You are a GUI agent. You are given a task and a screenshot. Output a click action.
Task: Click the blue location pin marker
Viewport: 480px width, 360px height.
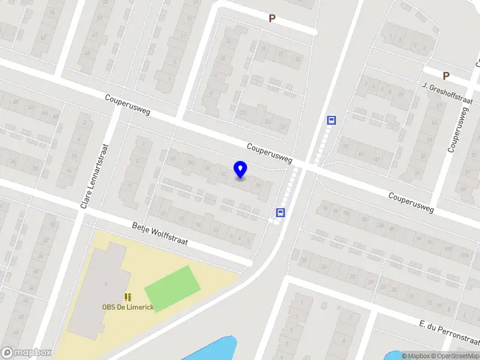tap(240, 170)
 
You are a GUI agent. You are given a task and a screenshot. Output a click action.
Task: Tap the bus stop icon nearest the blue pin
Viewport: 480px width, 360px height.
tap(280, 212)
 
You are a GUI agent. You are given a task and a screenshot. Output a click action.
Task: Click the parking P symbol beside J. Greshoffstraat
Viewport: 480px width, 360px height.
tap(446, 76)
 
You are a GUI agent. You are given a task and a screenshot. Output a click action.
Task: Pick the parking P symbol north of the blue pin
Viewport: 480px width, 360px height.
tap(272, 19)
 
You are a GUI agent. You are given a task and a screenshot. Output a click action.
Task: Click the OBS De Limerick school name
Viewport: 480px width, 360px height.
tap(128, 307)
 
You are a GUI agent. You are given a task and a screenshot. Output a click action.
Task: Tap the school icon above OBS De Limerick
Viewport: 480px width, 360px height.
tap(128, 297)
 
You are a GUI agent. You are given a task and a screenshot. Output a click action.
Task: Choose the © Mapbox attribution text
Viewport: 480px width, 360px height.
tap(415, 356)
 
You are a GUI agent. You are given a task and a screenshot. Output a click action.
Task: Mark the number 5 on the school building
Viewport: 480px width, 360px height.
tap(106, 283)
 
